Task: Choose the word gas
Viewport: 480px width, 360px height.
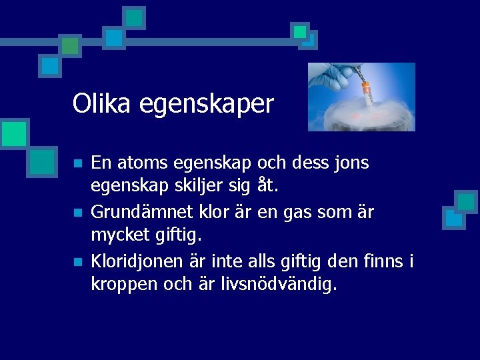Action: [x=295, y=213]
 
